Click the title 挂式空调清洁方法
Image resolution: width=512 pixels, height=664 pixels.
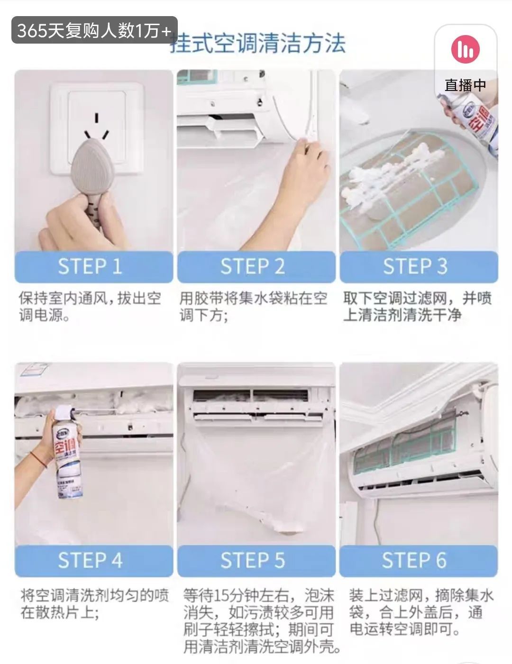258,44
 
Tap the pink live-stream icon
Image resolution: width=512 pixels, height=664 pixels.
465,49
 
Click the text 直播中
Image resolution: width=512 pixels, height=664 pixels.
465,85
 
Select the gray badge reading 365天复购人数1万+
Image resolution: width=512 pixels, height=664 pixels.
94,30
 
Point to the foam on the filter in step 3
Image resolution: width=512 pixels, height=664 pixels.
388,177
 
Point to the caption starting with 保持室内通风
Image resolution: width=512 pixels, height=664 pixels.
90,307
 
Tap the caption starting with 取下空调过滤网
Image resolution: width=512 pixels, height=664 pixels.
418,307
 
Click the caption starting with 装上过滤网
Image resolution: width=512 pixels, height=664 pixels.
421,612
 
